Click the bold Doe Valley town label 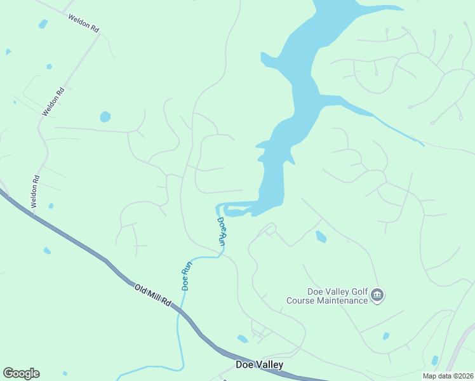point(259,365)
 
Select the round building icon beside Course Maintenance point(378,295)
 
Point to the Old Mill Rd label point(153,296)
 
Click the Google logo point(21,373)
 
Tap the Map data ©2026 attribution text point(447,376)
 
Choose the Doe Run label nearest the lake point(222,231)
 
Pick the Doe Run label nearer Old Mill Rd point(186,277)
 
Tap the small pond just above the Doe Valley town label point(243,338)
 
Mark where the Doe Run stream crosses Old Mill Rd point(178,312)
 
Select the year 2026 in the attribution point(464,376)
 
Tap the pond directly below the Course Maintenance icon point(386,335)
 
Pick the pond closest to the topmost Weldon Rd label point(43,24)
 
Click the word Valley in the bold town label point(269,365)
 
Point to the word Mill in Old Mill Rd point(155,297)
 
